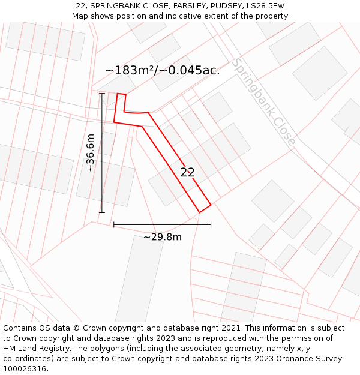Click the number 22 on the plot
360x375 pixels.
click(187, 172)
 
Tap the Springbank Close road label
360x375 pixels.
click(263, 102)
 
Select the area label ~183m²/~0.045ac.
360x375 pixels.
click(162, 70)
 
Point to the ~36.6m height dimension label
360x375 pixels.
click(90, 153)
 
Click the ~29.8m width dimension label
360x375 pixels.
click(162, 237)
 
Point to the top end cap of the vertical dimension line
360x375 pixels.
click(101, 94)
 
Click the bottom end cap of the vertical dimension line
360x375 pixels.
click(101, 212)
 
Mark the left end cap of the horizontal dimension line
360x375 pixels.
click(114, 225)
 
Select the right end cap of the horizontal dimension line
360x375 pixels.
click(211, 225)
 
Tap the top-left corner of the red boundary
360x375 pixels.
click(117, 94)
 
